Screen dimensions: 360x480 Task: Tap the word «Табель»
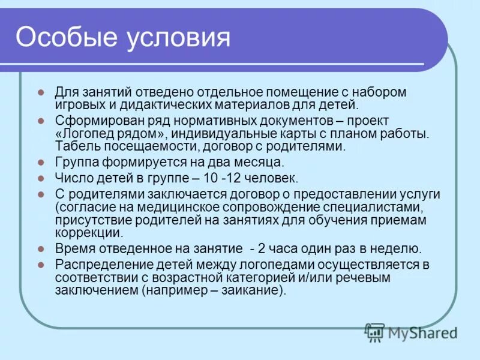tap(74, 146)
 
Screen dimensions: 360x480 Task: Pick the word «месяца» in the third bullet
tap(253, 162)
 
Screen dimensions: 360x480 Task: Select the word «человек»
tap(270, 178)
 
